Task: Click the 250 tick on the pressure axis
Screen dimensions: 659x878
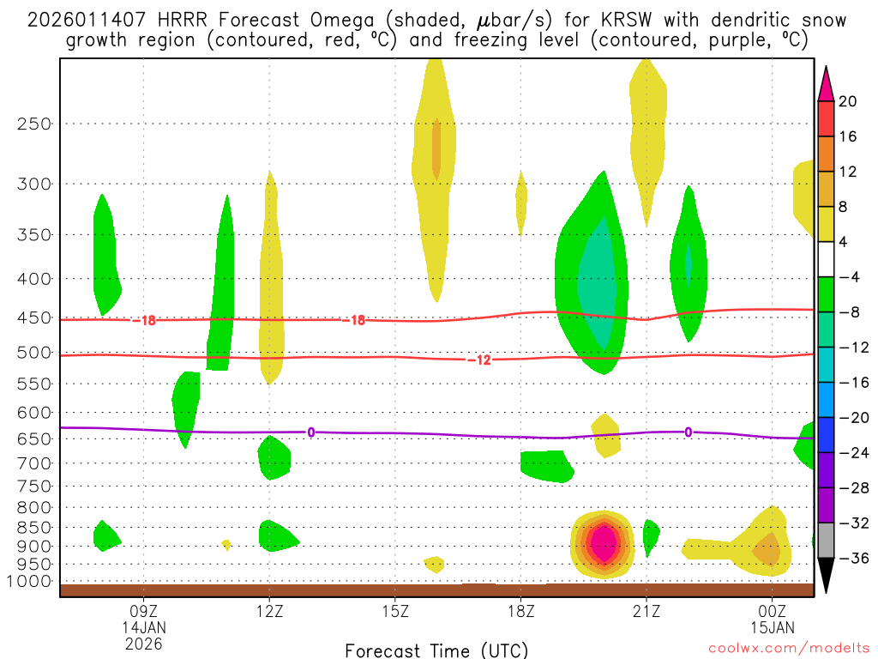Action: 34,124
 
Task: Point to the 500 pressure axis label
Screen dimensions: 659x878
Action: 34,353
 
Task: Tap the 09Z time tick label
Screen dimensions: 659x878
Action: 143,613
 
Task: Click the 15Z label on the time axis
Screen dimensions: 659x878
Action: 394,613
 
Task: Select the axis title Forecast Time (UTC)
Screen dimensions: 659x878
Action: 436,650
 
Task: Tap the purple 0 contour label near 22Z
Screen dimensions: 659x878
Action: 689,432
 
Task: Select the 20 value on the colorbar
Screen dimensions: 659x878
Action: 847,101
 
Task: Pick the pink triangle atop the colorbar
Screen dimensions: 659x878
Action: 826,83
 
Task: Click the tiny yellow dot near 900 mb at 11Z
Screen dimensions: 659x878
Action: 226,544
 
